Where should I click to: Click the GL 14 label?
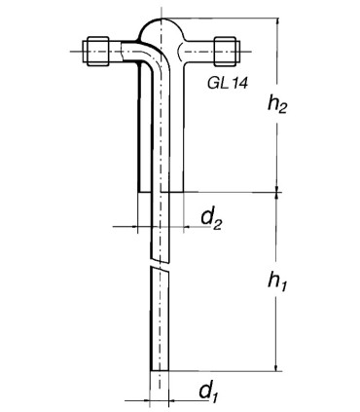coord(228,83)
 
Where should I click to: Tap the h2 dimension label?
coord(277,104)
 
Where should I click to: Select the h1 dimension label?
coord(277,281)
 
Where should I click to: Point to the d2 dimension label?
coord(211,219)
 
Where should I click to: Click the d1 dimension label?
coord(207,391)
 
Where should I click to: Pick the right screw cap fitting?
coord(227,52)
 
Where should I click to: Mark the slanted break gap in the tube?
coord(160,264)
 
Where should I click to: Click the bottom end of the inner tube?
coord(160,370)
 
